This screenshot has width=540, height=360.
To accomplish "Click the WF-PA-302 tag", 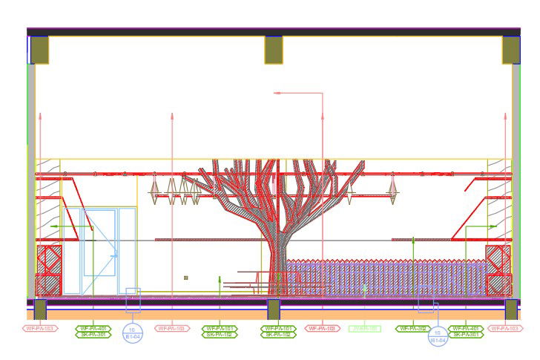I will point(413,328).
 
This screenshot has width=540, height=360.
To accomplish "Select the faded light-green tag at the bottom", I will point(364,328).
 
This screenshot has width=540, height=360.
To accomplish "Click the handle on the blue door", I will point(115,255).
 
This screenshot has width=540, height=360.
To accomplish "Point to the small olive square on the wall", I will point(185,278).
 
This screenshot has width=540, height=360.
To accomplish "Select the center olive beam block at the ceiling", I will point(274,50).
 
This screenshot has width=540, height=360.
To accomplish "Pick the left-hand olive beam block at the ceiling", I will point(39,50).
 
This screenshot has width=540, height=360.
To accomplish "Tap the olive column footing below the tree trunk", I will point(274,309).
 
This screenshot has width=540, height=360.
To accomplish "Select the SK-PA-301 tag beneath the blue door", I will point(93,335).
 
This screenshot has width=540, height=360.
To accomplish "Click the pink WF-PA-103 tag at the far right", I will point(506,328).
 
